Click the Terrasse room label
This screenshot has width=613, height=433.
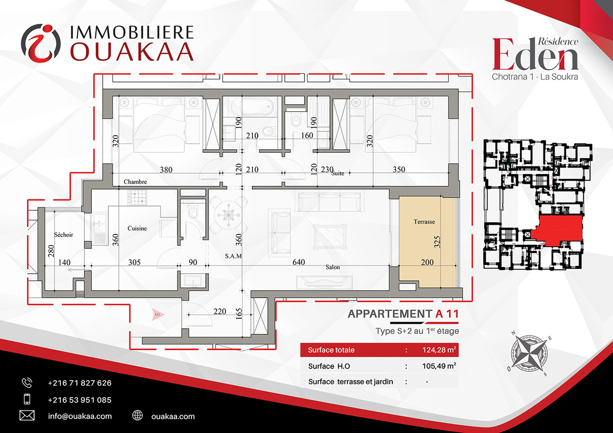(x=424, y=222)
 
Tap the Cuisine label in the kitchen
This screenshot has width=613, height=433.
(x=137, y=228)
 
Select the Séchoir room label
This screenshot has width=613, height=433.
(x=64, y=235)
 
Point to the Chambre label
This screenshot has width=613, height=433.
(x=135, y=181)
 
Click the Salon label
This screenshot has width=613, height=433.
(x=333, y=267)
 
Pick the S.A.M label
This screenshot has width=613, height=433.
(x=233, y=256)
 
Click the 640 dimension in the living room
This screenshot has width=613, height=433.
(x=298, y=262)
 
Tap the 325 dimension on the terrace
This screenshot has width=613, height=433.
(x=437, y=242)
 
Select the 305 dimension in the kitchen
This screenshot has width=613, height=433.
(x=134, y=262)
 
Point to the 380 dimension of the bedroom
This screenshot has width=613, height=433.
(x=166, y=170)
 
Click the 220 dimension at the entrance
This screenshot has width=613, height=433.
(x=220, y=311)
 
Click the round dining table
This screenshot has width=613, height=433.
(x=228, y=215)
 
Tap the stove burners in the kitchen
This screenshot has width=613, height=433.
(x=137, y=198)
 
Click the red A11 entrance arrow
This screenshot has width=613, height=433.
(x=158, y=315)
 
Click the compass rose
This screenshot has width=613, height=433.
(x=529, y=354)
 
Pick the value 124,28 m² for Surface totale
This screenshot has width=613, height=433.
(x=439, y=350)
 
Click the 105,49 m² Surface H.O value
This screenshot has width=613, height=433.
(x=439, y=366)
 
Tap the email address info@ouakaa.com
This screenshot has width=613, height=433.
(x=80, y=416)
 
